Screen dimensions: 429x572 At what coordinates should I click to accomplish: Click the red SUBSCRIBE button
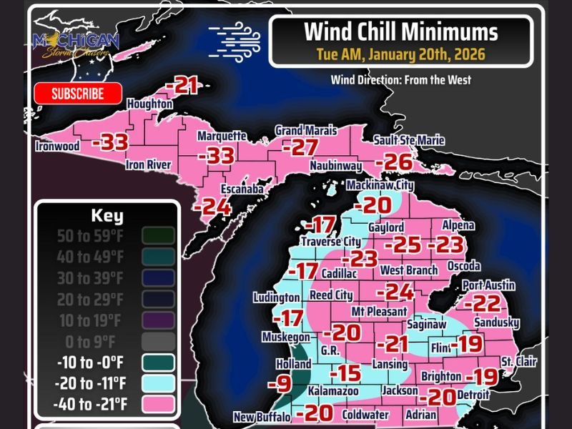[78, 94]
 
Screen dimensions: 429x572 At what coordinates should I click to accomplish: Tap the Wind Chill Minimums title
[400, 32]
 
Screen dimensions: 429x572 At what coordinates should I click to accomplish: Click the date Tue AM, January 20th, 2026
[400, 54]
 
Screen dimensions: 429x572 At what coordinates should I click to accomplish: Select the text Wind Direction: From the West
[400, 79]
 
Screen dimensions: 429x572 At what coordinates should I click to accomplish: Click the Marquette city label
[222, 136]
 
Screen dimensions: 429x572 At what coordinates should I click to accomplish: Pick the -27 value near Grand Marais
[300, 148]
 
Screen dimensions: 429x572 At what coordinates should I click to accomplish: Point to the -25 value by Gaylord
[406, 245]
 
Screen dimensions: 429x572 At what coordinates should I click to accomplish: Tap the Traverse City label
[330, 242]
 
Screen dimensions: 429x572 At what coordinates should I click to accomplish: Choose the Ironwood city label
[57, 147]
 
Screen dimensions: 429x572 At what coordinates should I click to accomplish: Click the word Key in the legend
[107, 216]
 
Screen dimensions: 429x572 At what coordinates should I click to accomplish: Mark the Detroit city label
[473, 394]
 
